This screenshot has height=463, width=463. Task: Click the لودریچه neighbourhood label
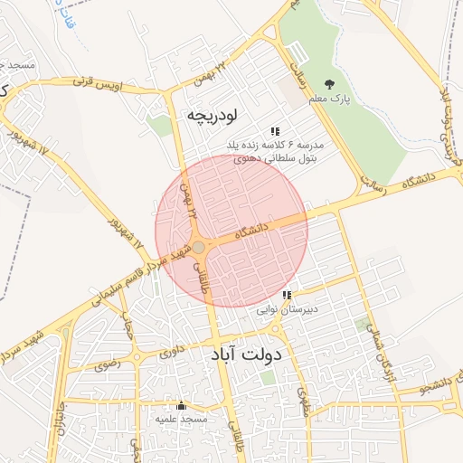tap(212, 115)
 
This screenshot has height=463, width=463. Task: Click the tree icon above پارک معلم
tap(327, 84)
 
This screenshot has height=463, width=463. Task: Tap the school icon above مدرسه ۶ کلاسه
tap(275, 130)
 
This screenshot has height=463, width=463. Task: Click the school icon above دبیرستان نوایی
tap(287, 295)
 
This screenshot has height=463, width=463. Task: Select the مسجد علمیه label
tap(181, 420)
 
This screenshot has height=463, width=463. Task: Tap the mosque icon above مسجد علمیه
tap(181, 406)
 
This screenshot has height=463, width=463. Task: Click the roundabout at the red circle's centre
tap(199, 247)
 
